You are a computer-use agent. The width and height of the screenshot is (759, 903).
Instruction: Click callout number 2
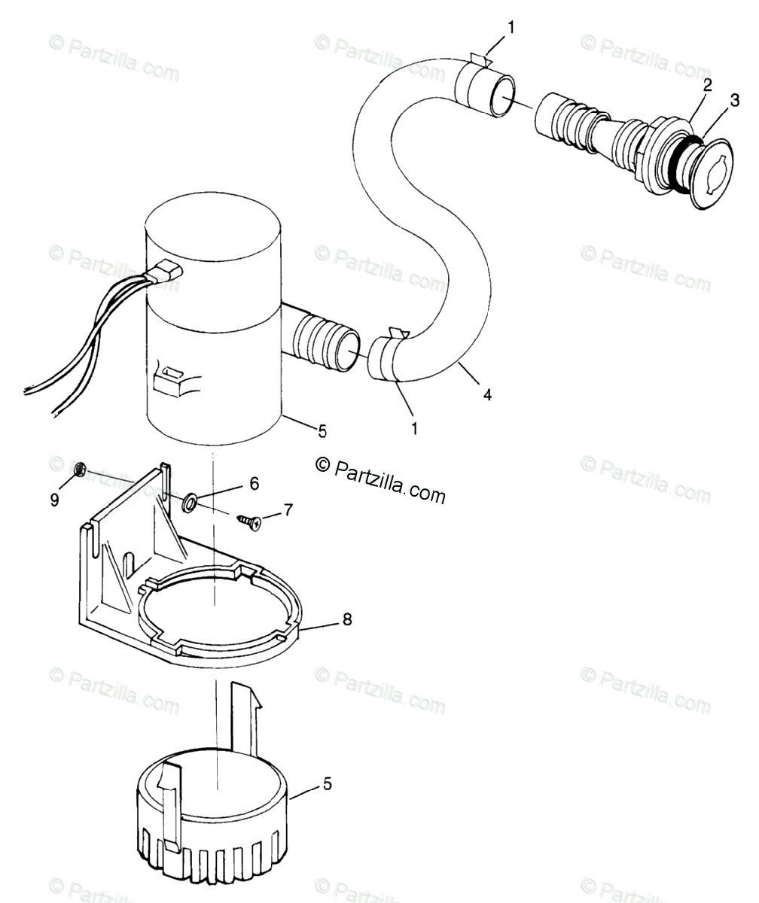tap(707, 86)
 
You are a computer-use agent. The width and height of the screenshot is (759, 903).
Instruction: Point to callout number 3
tap(734, 100)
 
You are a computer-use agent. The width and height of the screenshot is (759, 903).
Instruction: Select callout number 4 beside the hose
tap(487, 394)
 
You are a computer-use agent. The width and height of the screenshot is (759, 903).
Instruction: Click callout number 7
tap(287, 511)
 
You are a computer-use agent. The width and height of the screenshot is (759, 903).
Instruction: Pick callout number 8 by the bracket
tap(346, 619)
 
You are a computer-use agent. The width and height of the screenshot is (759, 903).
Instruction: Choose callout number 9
tap(55, 499)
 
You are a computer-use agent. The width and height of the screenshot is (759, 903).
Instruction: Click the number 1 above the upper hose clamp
tap(511, 29)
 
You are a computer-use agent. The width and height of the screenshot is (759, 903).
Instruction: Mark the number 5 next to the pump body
tap(322, 431)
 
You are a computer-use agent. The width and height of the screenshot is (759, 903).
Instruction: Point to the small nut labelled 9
tap(78, 470)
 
